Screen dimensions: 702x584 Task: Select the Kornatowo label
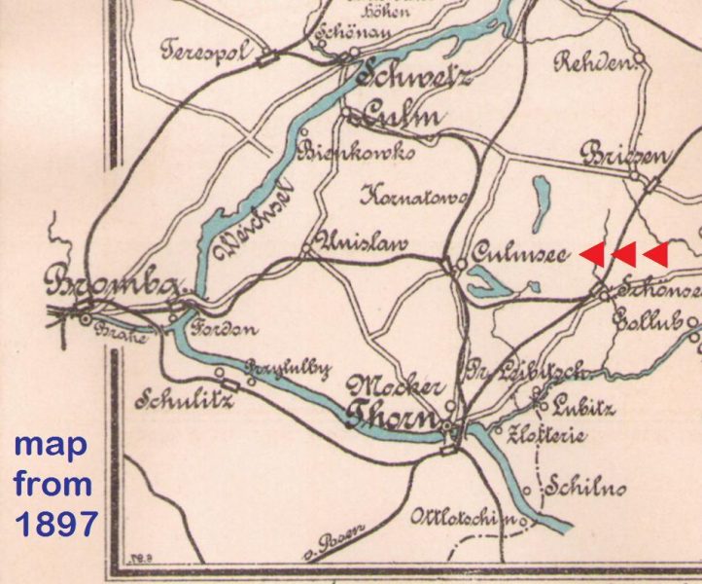412,197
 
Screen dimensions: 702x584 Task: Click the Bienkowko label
359,153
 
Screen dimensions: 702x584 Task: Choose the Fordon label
223,328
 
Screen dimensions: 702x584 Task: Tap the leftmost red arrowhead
591,254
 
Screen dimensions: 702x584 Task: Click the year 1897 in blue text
54,523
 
